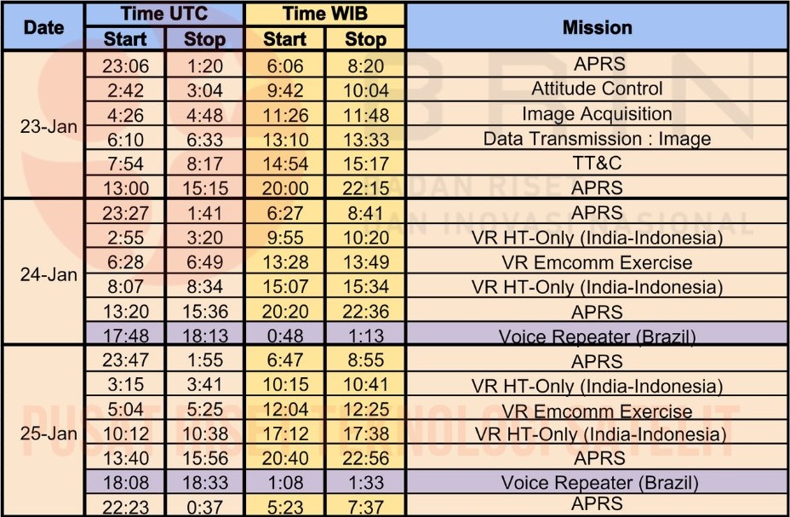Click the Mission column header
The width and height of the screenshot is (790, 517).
tap(597, 27)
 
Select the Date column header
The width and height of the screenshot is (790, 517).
tap(43, 27)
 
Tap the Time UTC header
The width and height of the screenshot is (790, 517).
tap(164, 14)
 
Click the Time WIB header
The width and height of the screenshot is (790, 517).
tap(324, 14)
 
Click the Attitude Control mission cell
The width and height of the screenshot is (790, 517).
tap(597, 89)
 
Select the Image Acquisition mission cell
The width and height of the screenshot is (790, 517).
tap(597, 113)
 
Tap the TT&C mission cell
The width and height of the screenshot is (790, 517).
tap(597, 163)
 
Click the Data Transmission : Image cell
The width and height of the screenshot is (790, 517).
tap(597, 138)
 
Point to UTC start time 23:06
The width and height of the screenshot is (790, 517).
tap(125, 65)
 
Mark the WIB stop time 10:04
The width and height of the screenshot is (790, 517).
tap(365, 89)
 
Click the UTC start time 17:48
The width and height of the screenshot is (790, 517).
tap(125, 336)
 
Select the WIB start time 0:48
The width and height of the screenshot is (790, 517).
tap(285, 336)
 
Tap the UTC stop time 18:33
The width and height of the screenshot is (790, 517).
tap(205, 483)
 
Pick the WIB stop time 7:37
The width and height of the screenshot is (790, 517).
tap(365, 506)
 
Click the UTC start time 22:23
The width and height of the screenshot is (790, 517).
tap(125, 506)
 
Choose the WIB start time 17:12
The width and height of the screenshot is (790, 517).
tap(285, 434)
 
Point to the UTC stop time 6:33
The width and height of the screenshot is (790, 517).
tap(205, 139)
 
